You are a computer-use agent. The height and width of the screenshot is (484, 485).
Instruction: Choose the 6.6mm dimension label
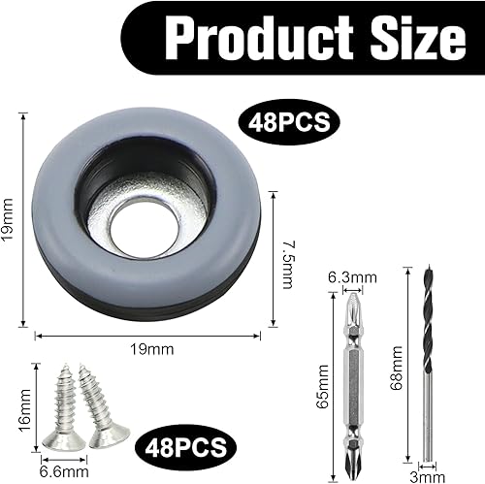point(64,469)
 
